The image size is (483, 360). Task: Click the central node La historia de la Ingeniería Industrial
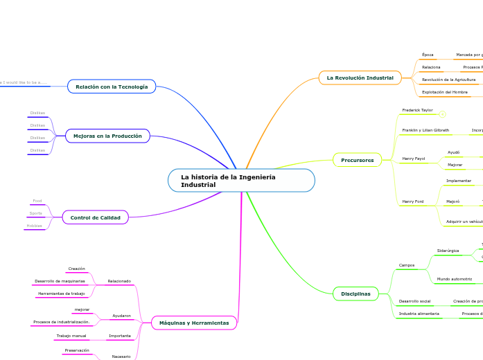pyautogui.click(x=241, y=181)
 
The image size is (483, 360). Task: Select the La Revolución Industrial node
pyautogui.click(x=360, y=78)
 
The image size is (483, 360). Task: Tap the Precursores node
pyautogui.click(x=357, y=160)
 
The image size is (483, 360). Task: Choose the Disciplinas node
pyautogui.click(x=355, y=294)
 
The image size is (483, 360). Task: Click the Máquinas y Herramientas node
pyautogui.click(x=194, y=323)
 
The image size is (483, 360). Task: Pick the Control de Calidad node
pyautogui.click(x=95, y=217)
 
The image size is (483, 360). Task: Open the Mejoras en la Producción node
pyautogui.click(x=107, y=136)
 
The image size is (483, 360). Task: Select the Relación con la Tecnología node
pyautogui.click(x=112, y=87)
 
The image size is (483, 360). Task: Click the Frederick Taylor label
pyautogui.click(x=417, y=110)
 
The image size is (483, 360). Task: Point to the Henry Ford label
pyautogui.click(x=413, y=201)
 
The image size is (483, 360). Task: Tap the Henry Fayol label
pyautogui.click(x=414, y=159)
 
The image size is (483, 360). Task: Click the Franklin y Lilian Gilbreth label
pyautogui.click(x=425, y=130)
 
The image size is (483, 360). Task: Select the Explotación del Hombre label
pyautogui.click(x=444, y=92)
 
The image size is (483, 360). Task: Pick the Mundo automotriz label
pyautogui.click(x=454, y=279)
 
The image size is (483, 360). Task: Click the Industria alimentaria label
pyautogui.click(x=419, y=314)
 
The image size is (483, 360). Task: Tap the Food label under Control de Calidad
pyautogui.click(x=37, y=201)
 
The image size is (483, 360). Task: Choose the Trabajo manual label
pyautogui.click(x=71, y=336)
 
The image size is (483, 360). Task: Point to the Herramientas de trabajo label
pyautogui.click(x=62, y=294)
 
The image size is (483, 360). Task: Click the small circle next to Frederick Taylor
pyautogui.click(x=442, y=114)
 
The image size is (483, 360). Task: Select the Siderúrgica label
pyautogui.click(x=448, y=251)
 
